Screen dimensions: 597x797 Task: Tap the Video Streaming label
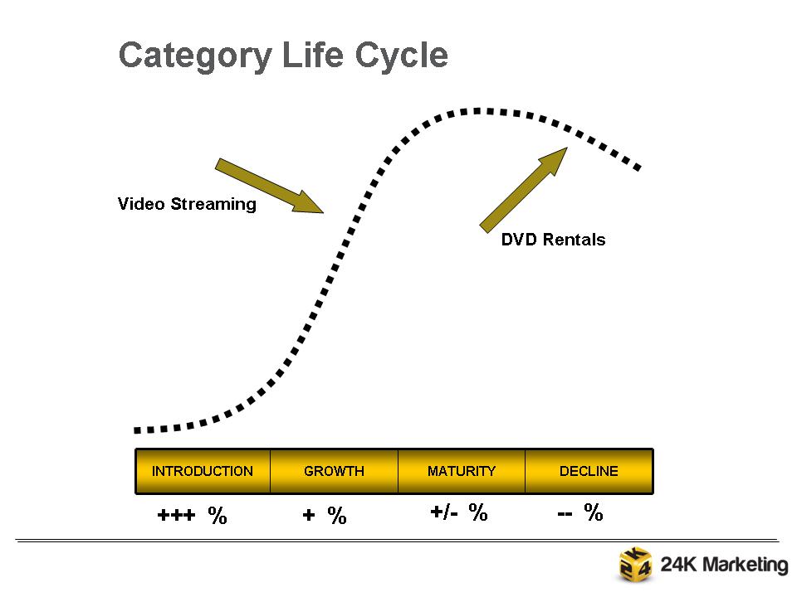tap(187, 204)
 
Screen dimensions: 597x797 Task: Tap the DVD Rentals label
tap(553, 240)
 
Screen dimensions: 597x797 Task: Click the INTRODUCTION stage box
tap(203, 471)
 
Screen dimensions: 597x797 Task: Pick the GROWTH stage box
tap(334, 471)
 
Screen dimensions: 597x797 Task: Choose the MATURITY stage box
tap(462, 471)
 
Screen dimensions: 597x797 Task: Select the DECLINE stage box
tap(589, 471)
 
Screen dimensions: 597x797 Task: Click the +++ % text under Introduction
tap(192, 516)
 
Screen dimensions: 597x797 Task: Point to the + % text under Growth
tap(324, 516)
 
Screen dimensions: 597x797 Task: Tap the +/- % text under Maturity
tap(458, 512)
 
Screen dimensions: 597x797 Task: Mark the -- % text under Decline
tap(579, 512)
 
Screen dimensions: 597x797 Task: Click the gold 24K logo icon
tap(636, 565)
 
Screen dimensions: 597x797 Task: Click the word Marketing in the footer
tap(741, 565)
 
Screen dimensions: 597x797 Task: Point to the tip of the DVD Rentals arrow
tap(566, 149)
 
